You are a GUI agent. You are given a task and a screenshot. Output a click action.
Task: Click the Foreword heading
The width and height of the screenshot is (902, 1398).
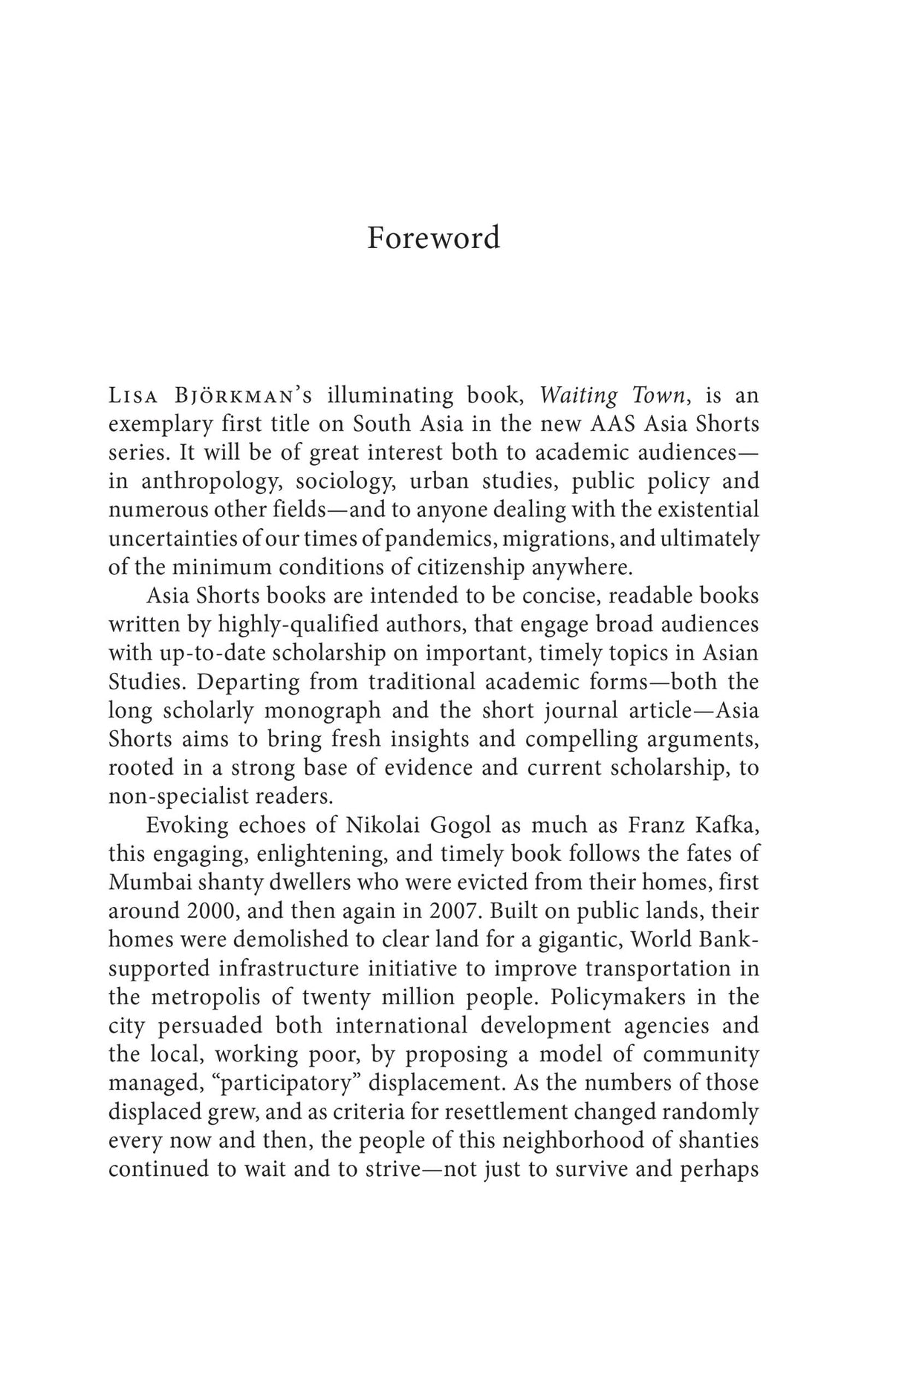[433, 238]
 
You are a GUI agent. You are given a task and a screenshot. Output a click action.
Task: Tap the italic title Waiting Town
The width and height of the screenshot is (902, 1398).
[611, 395]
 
